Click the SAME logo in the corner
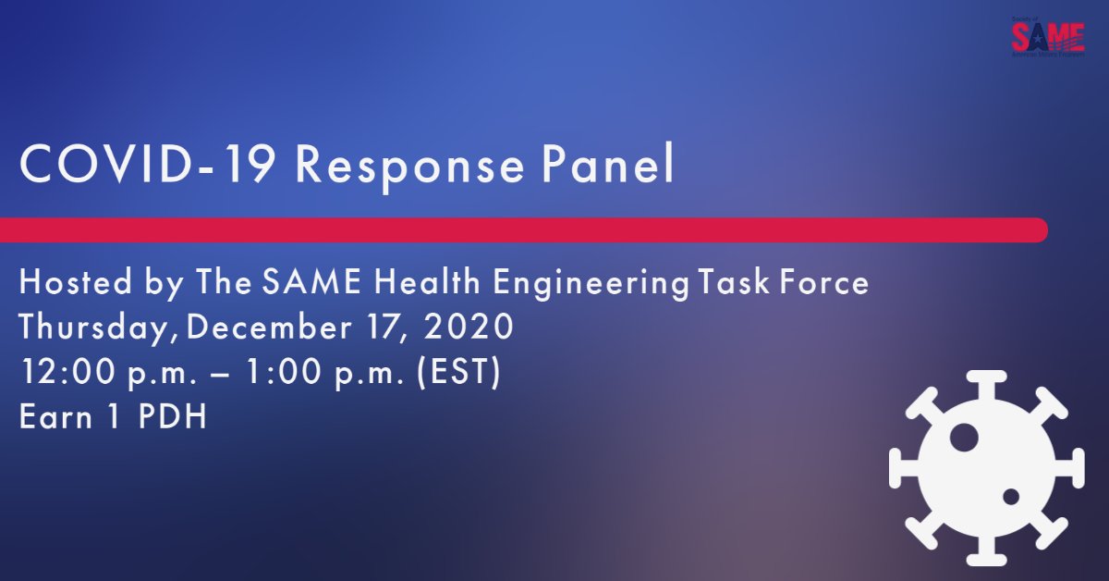coord(1047,37)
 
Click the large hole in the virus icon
coord(964,438)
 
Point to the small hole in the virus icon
coord(1011,497)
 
